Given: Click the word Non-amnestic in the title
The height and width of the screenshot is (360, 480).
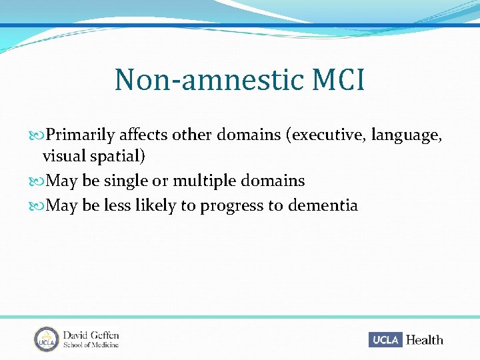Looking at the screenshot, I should coord(201,80).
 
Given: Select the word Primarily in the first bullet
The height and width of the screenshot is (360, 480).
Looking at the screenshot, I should coord(81,135).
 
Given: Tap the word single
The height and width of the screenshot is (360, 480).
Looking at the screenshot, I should coord(125,181).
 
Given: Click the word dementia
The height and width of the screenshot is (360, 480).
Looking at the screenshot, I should coord(323,205).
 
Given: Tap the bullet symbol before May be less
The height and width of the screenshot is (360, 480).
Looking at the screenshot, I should coord(37,205).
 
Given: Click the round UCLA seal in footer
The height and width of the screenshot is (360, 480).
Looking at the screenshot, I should coord(47,339).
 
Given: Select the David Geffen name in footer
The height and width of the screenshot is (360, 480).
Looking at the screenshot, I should coord(91,335).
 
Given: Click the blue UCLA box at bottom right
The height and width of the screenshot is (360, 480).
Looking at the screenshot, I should coord(385,340).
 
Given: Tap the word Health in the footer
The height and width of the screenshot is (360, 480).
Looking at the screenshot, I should coord(424,340).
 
